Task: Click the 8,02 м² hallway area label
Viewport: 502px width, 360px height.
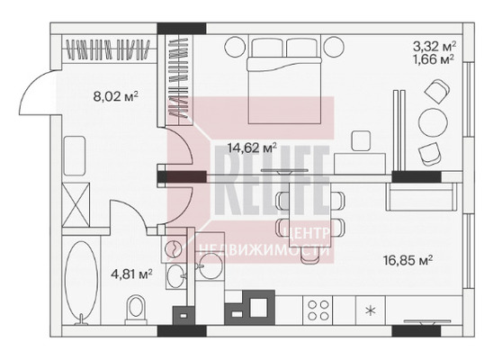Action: pos(115,96)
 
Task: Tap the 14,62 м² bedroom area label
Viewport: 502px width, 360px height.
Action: pos(252,148)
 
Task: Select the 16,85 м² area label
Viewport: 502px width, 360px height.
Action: pos(408,260)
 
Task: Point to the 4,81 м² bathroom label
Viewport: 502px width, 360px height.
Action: pos(131,274)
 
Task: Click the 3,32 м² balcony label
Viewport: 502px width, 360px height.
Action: pos(435,47)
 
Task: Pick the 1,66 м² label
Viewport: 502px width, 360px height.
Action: pos(435,59)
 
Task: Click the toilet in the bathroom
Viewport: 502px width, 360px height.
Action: pos(136,310)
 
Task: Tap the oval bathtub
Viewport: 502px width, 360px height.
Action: pos(81,282)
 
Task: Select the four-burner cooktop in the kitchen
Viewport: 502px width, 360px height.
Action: pos(318,310)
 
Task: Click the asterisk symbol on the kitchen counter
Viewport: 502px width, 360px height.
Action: pos(371,310)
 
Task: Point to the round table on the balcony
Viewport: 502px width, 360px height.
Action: pos(433,122)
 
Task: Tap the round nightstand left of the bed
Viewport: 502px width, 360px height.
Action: pos(235,47)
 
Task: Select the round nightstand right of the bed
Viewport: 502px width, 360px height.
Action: pos(334,47)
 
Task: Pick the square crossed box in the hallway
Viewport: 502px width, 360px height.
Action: pos(76,204)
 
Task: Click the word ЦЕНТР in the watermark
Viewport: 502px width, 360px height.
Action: pos(307,233)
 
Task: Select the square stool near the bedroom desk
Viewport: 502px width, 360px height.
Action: pos(361,140)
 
